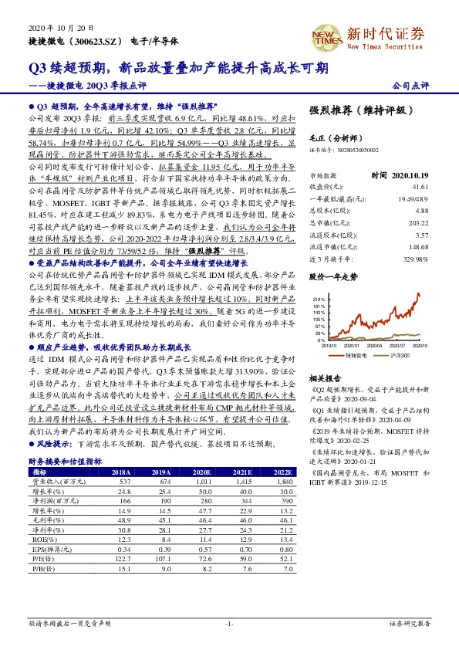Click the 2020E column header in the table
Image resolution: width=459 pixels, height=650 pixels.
(x=201, y=471)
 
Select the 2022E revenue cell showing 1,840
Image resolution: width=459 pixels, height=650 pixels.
(x=282, y=480)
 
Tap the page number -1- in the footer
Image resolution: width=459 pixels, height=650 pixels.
(x=228, y=623)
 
